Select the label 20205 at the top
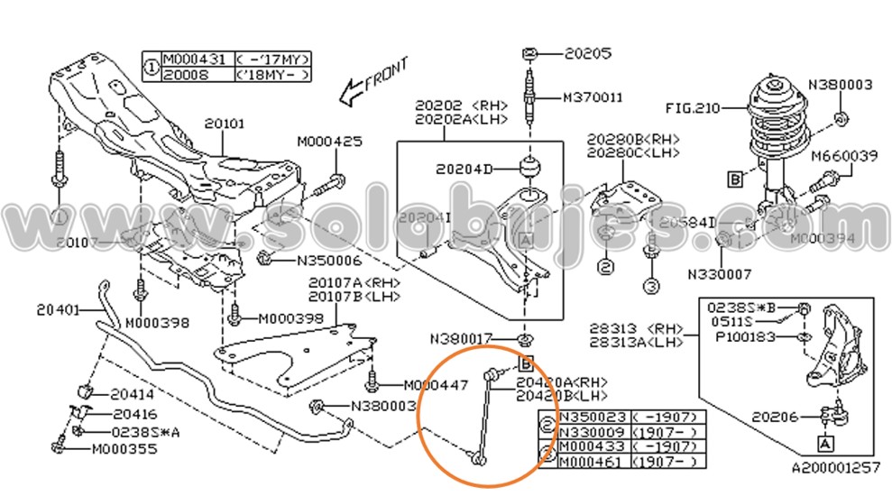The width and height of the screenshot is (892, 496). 588,53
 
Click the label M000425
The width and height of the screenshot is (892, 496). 330,142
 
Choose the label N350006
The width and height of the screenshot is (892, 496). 328,261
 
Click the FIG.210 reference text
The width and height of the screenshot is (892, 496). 693,109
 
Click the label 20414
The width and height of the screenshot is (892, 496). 132,394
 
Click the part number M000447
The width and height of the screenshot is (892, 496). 436,384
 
